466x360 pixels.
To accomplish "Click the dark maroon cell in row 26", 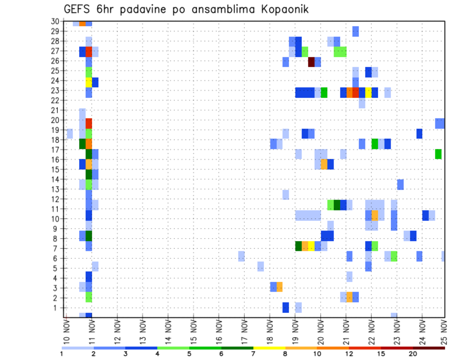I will pyautogui.click(x=312, y=62).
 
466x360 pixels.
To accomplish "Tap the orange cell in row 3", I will pyautogui.click(x=280, y=287).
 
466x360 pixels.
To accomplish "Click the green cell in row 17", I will pyautogui.click(x=438, y=154).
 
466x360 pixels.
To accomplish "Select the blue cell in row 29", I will pyautogui.click(x=356, y=32).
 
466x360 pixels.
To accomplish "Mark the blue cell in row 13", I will pyautogui.click(x=400, y=184).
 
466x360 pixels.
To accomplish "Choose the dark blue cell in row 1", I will pyautogui.click(x=286, y=307).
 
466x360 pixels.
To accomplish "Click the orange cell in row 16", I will pyautogui.click(x=324, y=164).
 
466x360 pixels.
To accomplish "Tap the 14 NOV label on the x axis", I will pyautogui.click(x=168, y=332).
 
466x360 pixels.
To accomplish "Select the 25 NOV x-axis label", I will pyautogui.click(x=444, y=332).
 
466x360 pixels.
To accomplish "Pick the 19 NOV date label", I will pyautogui.click(x=296, y=332).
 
